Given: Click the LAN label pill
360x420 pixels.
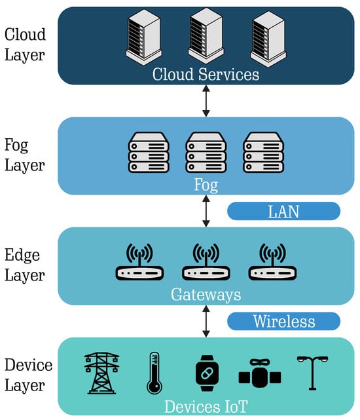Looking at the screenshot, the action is pyautogui.click(x=283, y=211).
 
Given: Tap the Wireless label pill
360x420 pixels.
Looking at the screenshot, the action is pyautogui.click(x=283, y=321).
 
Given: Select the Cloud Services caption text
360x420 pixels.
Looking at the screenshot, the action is pyautogui.click(x=206, y=74).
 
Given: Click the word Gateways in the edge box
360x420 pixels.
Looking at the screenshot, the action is pyautogui.click(x=206, y=295).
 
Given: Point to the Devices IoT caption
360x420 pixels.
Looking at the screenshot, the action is pyautogui.click(x=206, y=406).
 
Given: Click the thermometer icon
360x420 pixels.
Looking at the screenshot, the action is pyautogui.click(x=154, y=373).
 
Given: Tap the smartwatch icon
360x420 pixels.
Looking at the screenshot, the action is pyautogui.click(x=207, y=373).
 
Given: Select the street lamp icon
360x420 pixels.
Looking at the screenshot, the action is pyautogui.click(x=312, y=373).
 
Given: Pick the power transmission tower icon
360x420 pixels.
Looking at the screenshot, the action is pyautogui.click(x=101, y=373).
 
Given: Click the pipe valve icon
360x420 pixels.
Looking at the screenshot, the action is pyautogui.click(x=260, y=373).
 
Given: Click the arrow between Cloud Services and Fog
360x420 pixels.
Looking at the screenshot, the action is pyautogui.click(x=206, y=101).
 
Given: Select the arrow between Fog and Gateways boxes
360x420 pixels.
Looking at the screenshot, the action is pyautogui.click(x=206, y=211).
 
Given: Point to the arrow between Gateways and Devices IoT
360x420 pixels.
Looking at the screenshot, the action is pyautogui.click(x=206, y=321).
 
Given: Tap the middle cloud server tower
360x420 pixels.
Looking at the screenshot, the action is pyautogui.click(x=206, y=35).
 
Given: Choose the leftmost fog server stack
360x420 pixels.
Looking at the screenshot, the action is pyautogui.click(x=149, y=152).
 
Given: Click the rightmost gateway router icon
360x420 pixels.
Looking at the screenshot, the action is pyautogui.click(x=272, y=261).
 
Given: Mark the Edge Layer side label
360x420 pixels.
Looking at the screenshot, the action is pyautogui.click(x=24, y=265).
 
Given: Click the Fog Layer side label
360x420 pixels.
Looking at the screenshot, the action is pyautogui.click(x=24, y=155).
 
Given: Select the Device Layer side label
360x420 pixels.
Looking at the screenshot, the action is pyautogui.click(x=28, y=375).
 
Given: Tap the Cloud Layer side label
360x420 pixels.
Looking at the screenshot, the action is pyautogui.click(x=25, y=45).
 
